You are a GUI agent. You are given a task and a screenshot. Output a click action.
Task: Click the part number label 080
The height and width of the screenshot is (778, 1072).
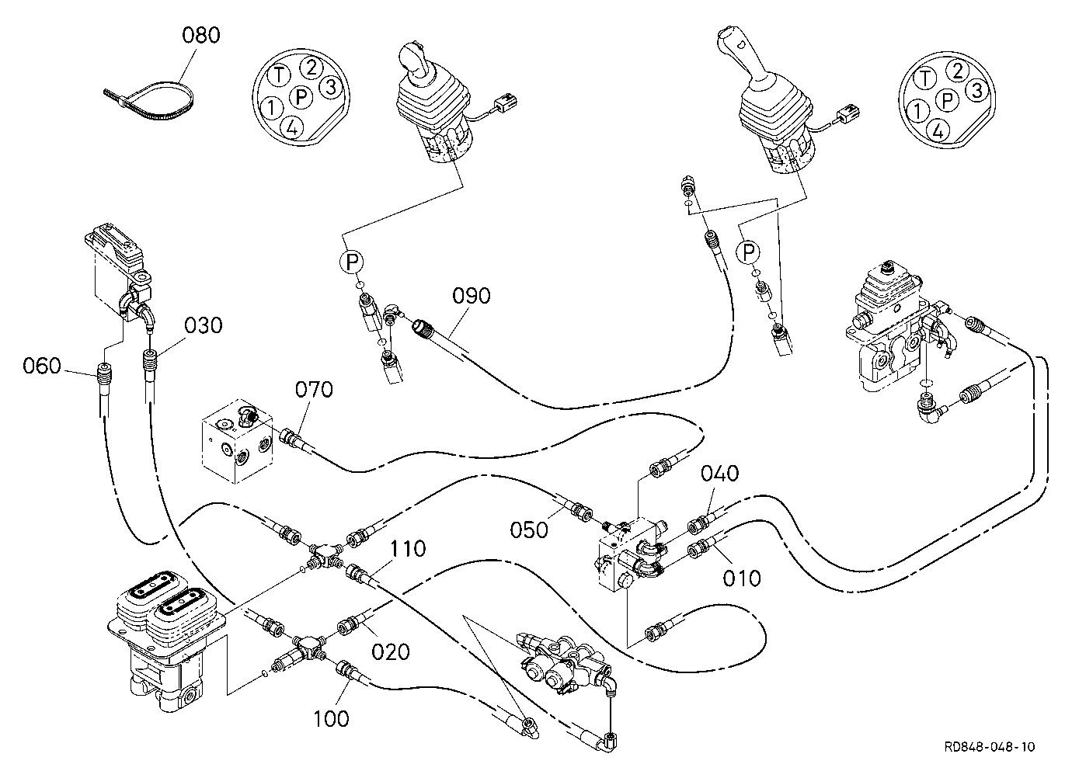[x=201, y=36]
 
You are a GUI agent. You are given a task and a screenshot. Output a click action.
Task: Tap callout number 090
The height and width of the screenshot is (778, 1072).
[x=472, y=296]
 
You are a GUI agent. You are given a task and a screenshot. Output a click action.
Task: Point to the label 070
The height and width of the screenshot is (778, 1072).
[x=314, y=390]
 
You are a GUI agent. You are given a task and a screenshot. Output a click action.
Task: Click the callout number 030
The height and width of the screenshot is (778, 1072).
[x=204, y=325]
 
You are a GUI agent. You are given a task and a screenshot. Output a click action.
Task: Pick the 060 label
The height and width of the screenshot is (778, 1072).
[x=42, y=366]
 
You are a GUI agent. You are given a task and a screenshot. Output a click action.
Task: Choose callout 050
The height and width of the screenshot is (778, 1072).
[x=529, y=530]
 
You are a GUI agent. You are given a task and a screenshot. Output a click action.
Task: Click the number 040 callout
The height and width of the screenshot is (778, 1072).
[x=720, y=473]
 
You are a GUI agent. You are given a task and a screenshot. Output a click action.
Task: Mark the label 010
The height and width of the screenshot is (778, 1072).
[x=742, y=578]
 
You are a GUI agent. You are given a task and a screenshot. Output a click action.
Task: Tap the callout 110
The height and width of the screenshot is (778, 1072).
[x=408, y=549]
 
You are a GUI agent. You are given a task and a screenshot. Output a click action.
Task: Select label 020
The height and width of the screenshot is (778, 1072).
[x=391, y=651]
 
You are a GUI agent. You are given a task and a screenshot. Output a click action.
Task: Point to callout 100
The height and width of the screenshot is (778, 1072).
[x=331, y=718]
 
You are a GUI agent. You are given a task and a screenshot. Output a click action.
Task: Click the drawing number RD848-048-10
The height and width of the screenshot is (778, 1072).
[x=990, y=746]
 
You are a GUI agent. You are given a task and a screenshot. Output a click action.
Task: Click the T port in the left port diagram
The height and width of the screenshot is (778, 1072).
[x=280, y=75]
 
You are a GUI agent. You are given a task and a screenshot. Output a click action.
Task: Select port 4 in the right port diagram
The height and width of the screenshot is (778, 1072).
[x=938, y=130]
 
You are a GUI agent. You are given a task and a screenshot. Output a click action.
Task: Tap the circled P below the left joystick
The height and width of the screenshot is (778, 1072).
[x=352, y=262]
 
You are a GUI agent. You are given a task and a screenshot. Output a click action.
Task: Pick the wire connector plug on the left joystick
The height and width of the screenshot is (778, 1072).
[x=506, y=101]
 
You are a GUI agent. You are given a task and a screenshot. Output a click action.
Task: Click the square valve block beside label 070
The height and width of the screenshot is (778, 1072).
[x=237, y=441]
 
